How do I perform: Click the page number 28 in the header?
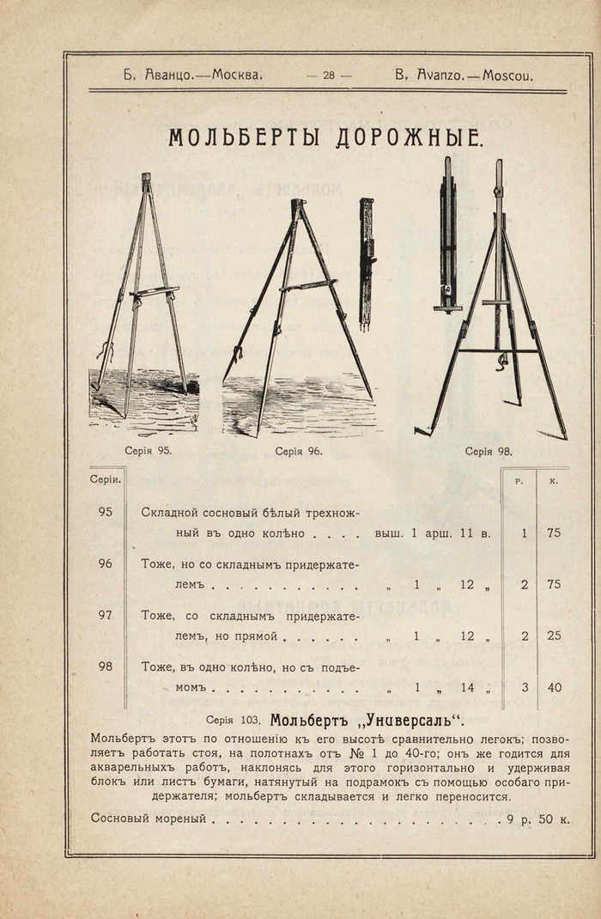pyautogui.click(x=329, y=75)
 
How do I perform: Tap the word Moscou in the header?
pyautogui.click(x=507, y=75)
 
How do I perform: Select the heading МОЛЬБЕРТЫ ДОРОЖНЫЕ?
pyautogui.click(x=326, y=137)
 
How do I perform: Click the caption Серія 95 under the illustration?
pyautogui.click(x=148, y=450)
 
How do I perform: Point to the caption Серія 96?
pyautogui.click(x=298, y=450)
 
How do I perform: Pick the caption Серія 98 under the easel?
pyautogui.click(x=489, y=450)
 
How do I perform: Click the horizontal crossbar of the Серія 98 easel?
pyautogui.click(x=498, y=350)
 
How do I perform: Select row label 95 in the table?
pyautogui.click(x=106, y=512)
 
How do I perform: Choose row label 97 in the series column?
pyautogui.click(x=106, y=616)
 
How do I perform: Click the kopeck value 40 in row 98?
pyautogui.click(x=554, y=686)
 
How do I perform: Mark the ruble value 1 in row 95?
pyautogui.click(x=524, y=533)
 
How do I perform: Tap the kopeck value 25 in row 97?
pyautogui.click(x=554, y=636)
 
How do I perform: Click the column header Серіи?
pyautogui.click(x=106, y=479)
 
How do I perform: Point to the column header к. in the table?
pyautogui.click(x=554, y=481)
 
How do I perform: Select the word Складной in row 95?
pyautogui.click(x=170, y=513)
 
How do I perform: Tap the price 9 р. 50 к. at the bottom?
pyautogui.click(x=537, y=819)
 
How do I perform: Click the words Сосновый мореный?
pyautogui.click(x=149, y=819)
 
